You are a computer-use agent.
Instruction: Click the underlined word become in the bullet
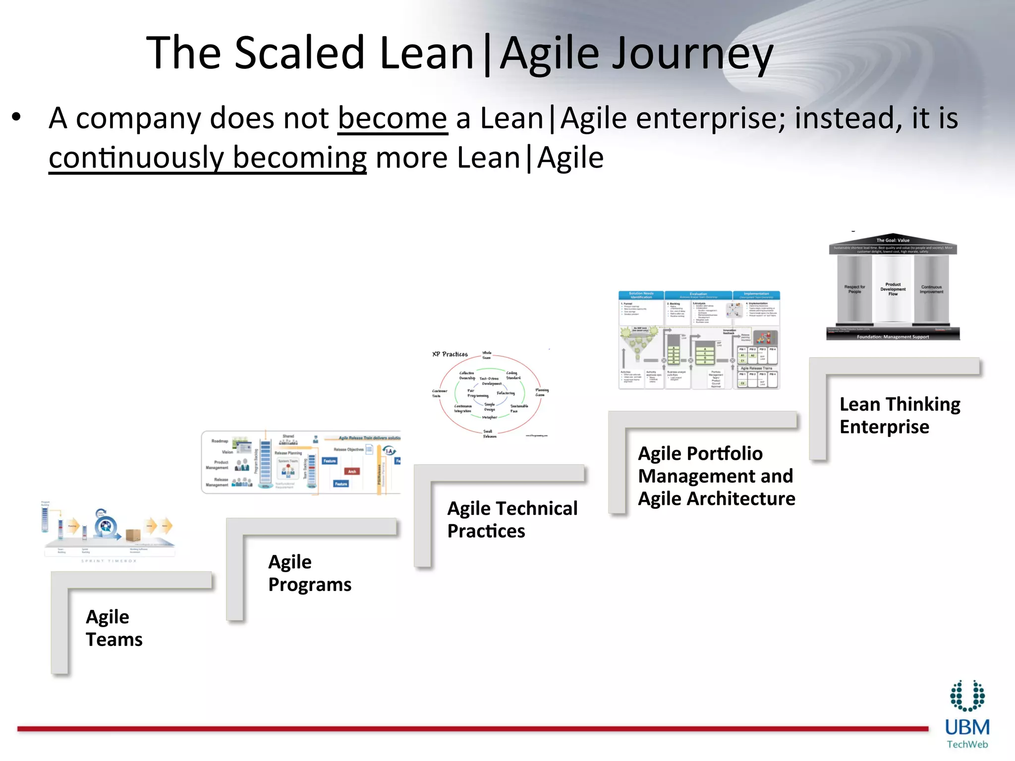tap(393, 119)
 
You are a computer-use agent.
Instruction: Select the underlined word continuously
tap(136, 158)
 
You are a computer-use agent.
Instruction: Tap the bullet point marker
tap(17, 118)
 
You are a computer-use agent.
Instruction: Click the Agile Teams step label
tap(114, 628)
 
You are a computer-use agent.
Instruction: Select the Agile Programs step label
tap(309, 573)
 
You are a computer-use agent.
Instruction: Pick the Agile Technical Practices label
tap(512, 519)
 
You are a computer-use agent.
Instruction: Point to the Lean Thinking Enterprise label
tap(899, 415)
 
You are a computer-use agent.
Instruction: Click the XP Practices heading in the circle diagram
tap(450, 354)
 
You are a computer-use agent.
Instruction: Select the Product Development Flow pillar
tap(893, 289)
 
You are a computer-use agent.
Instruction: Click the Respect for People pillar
tap(854, 289)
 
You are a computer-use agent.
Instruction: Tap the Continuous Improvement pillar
tap(931, 289)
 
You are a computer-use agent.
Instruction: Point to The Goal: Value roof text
tap(893, 240)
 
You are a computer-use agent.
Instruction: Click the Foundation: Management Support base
tap(893, 337)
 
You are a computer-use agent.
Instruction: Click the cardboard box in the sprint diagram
tap(133, 535)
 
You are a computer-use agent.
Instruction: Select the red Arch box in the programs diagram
tap(352, 471)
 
